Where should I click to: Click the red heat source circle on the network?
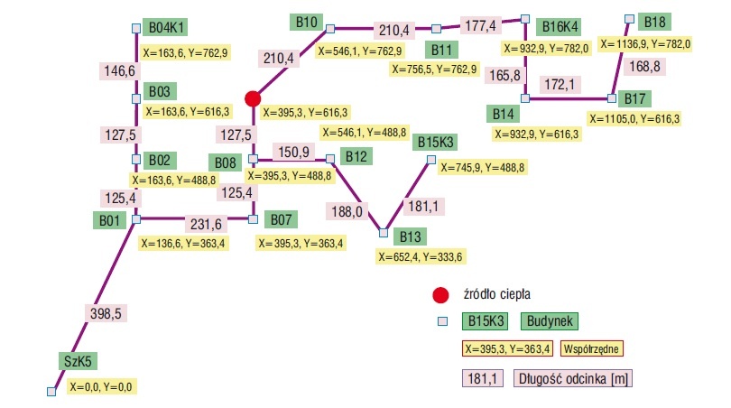point(253,99)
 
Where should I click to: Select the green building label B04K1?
point(165,27)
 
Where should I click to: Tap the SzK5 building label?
point(78,361)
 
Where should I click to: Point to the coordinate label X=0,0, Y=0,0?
point(101,386)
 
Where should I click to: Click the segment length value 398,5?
point(106,313)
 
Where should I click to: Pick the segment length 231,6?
point(206,224)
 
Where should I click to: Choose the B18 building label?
point(654,22)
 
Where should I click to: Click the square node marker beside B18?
point(629,19)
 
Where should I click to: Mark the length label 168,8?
point(644,66)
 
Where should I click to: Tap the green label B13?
point(411,236)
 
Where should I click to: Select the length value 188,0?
point(347,212)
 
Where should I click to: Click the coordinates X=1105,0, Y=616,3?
point(634,119)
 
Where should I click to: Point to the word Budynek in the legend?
point(550,320)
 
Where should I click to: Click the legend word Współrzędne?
point(591,348)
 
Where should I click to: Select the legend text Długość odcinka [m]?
point(573,378)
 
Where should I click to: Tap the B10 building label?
point(306,22)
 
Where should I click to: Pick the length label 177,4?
point(481,25)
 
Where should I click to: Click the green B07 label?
point(281,219)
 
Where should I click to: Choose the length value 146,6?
point(120,71)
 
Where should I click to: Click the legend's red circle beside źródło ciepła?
point(440,295)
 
